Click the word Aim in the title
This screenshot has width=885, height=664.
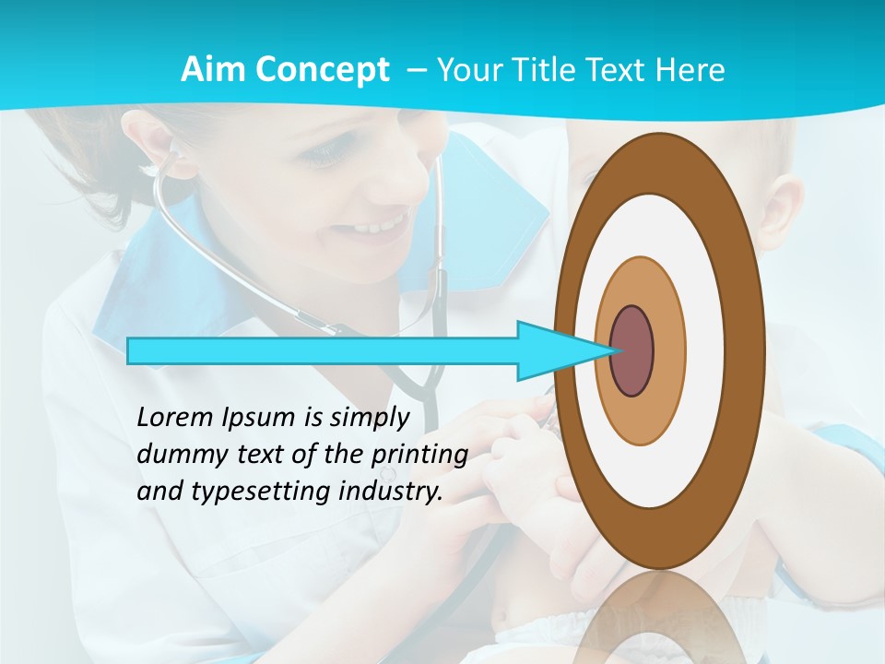pos(210,70)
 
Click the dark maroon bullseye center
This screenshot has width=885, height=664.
pos(632,351)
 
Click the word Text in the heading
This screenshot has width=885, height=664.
pos(614,70)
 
